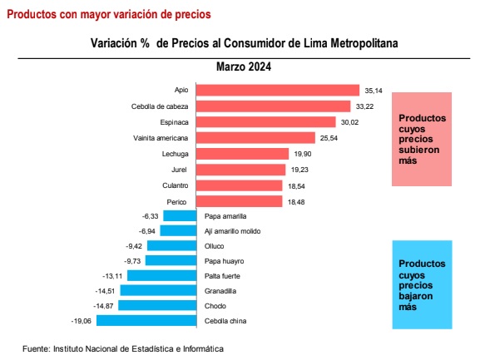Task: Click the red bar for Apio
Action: pos(278,91)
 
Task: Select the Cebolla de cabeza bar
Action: pos(274,106)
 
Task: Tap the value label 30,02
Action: pos(349,122)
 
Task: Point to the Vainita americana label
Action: pos(161,138)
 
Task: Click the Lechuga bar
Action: pos(242,154)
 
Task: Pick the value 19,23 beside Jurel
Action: pos(299,170)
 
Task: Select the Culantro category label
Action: pos(176,185)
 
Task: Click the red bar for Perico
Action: pos(240,201)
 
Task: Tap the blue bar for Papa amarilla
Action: pos(180,215)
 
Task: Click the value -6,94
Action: pos(147,231)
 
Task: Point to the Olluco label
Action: pos(214,246)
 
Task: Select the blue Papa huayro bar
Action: pos(171,260)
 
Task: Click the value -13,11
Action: pos(112,276)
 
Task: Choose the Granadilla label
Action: pos(220,291)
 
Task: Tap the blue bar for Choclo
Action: pos(157,305)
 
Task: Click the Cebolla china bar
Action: pos(146,320)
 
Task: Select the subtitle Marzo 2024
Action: pos(244,67)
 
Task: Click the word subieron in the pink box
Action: pos(419,150)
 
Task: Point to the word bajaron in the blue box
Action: pos(416,296)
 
